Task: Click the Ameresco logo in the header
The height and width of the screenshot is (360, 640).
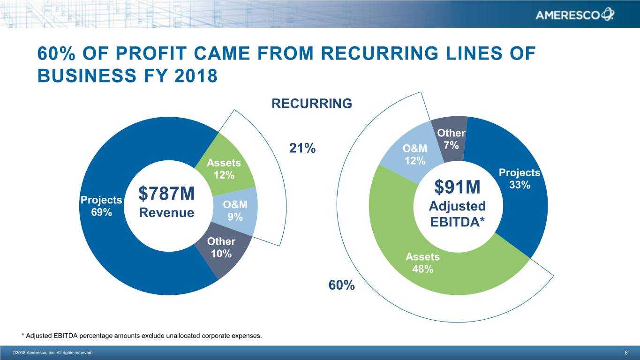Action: coord(574,15)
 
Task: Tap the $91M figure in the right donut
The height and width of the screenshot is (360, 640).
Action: coord(458,187)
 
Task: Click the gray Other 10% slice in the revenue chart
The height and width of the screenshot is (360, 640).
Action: coord(222,253)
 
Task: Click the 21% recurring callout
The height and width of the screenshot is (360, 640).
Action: coord(302,149)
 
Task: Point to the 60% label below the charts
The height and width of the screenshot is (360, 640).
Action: coord(341,285)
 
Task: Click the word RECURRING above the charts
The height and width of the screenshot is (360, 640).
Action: coord(311,104)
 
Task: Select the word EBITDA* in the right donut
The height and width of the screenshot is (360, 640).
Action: coord(457,223)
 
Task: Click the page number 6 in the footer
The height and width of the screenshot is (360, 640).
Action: coord(626,352)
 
